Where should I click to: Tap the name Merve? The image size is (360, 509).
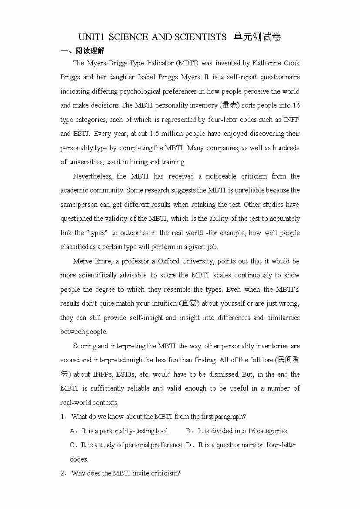coord(82,261)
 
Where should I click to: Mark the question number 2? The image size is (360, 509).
coord(63,473)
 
